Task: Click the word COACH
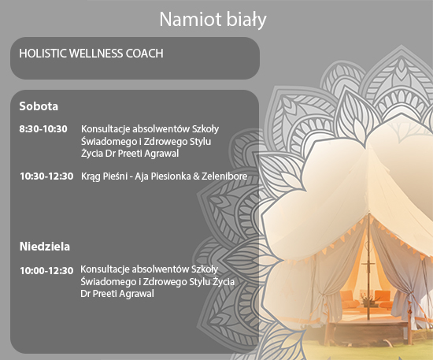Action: click(144, 54)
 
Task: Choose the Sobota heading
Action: click(39, 106)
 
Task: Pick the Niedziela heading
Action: click(45, 247)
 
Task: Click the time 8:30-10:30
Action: click(43, 129)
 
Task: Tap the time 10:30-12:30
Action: click(46, 176)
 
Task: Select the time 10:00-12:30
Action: click(46, 270)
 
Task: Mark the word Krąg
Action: click(91, 176)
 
